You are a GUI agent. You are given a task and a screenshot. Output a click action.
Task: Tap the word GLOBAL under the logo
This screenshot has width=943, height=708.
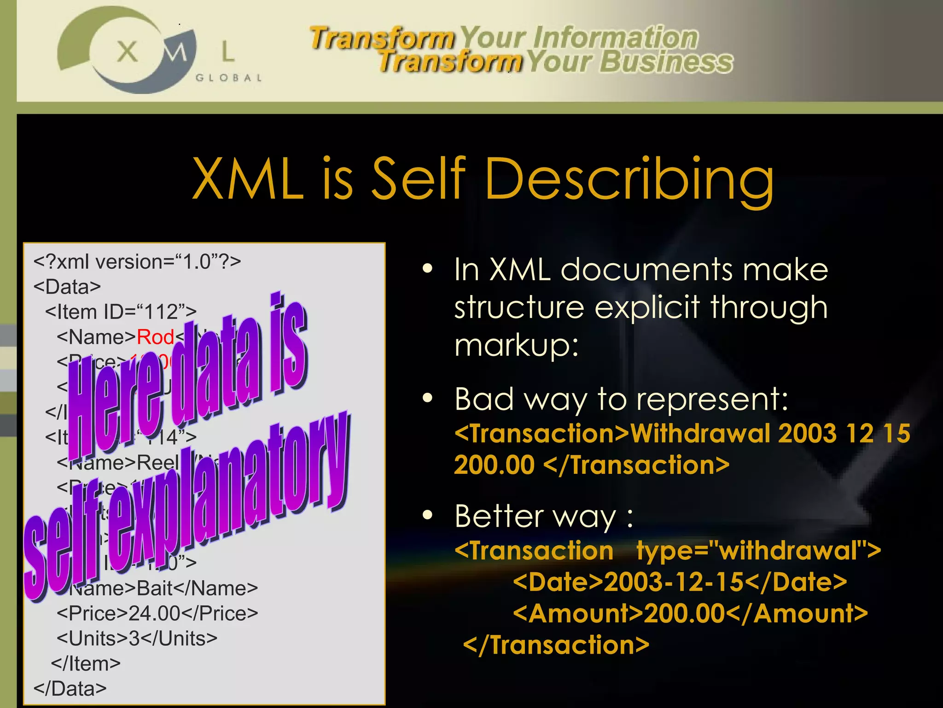point(229,77)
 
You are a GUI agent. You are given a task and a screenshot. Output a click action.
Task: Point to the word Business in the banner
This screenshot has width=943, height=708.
point(666,62)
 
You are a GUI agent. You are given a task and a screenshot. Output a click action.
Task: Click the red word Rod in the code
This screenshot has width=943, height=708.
point(155,337)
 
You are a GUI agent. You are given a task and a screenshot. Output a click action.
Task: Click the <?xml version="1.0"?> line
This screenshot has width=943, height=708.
point(137,262)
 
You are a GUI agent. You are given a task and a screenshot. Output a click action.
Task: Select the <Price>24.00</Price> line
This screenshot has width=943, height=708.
point(157,613)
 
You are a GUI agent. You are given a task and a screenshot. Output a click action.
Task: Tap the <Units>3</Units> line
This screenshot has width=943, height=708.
point(137,638)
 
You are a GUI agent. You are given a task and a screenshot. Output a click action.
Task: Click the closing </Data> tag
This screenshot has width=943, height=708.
point(70,688)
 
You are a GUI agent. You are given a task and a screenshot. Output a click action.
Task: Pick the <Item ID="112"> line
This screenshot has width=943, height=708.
point(121,312)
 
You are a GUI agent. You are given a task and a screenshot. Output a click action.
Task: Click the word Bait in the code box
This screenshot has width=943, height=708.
point(155,588)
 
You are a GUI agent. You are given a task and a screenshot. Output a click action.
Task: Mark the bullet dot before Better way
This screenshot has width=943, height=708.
point(428,515)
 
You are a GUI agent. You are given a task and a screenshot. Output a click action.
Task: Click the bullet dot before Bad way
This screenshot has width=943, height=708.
point(428,398)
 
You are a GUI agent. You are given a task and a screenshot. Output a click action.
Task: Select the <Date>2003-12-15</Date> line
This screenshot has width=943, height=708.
point(680,582)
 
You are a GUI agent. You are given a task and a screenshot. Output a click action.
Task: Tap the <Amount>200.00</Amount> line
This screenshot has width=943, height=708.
point(690,614)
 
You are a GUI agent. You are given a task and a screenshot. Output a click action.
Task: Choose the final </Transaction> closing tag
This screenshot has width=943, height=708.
point(556,644)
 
